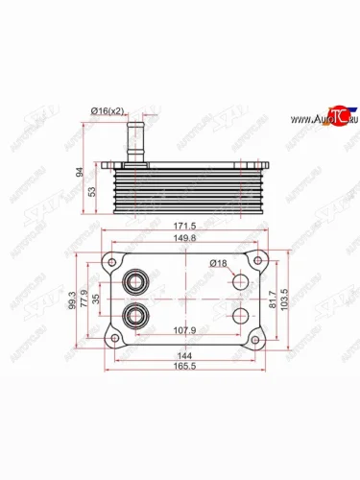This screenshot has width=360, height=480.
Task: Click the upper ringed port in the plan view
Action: click(x=135, y=282)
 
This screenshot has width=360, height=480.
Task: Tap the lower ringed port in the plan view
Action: click(x=135, y=316)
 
